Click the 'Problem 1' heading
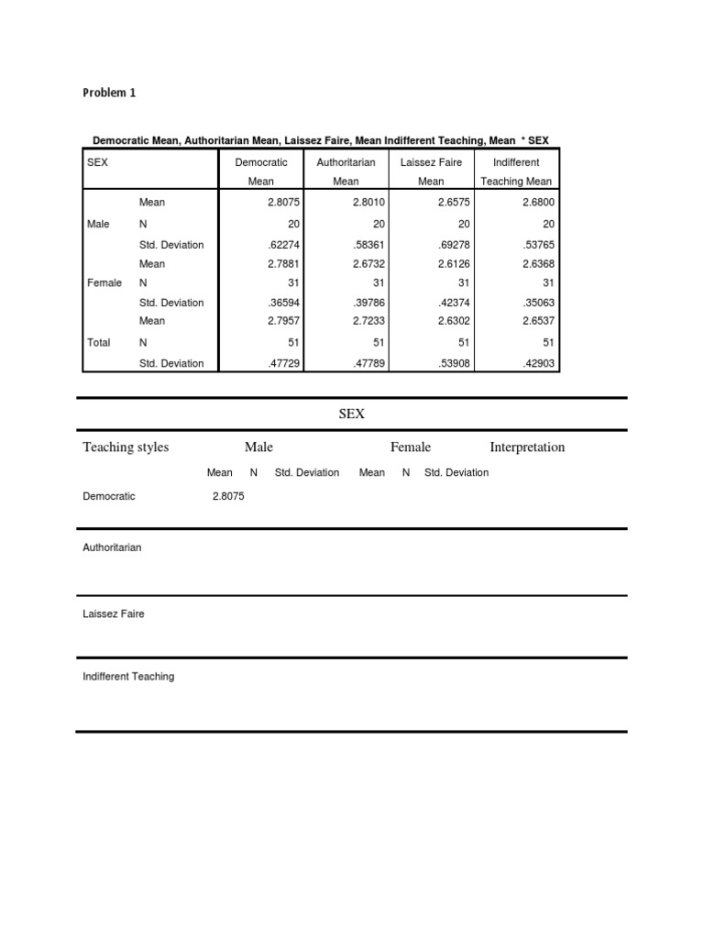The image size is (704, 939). tap(109, 93)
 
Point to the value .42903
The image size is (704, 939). tap(536, 363)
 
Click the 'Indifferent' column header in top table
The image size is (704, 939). tap(516, 162)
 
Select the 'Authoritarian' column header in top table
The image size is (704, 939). tap(346, 162)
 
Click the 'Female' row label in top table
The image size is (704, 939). tap(104, 283)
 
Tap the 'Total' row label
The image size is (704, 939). tap(98, 342)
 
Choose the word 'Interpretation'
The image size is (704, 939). tap(527, 447)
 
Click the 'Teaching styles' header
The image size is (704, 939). tap(126, 447)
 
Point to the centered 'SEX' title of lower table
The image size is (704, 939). tap(352, 414)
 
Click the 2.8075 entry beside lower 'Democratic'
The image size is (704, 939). tap(228, 496)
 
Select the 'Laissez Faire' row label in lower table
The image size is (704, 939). tap(114, 613)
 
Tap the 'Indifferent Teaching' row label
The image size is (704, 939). tap(128, 677)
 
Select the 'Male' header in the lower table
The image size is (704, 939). tap(258, 447)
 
